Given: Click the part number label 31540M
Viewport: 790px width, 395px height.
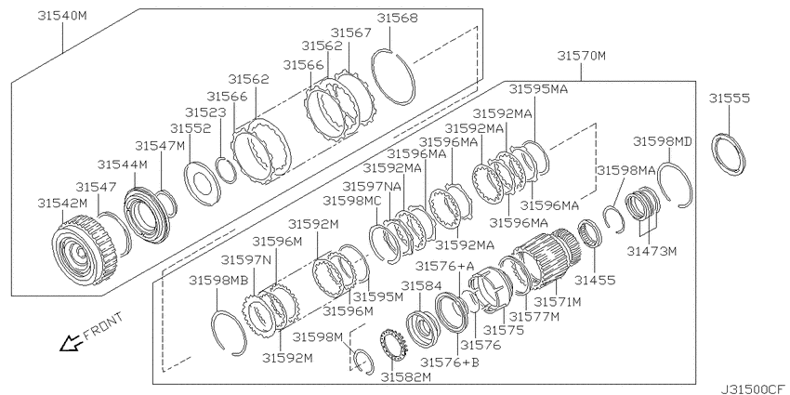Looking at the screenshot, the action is pyautogui.click(x=62, y=16).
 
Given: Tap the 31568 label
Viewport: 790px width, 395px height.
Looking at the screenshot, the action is pyautogui.click(x=398, y=19).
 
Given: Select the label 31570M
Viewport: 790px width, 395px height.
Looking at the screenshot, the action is pyautogui.click(x=582, y=56).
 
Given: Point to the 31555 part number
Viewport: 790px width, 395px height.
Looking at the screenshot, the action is pyautogui.click(x=729, y=98).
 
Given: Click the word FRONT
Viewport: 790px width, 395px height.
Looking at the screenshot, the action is pyautogui.click(x=103, y=326).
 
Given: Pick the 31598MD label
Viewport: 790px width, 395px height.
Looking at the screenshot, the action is pyautogui.click(x=662, y=141).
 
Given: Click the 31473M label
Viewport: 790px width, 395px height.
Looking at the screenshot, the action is pyautogui.click(x=652, y=250).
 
